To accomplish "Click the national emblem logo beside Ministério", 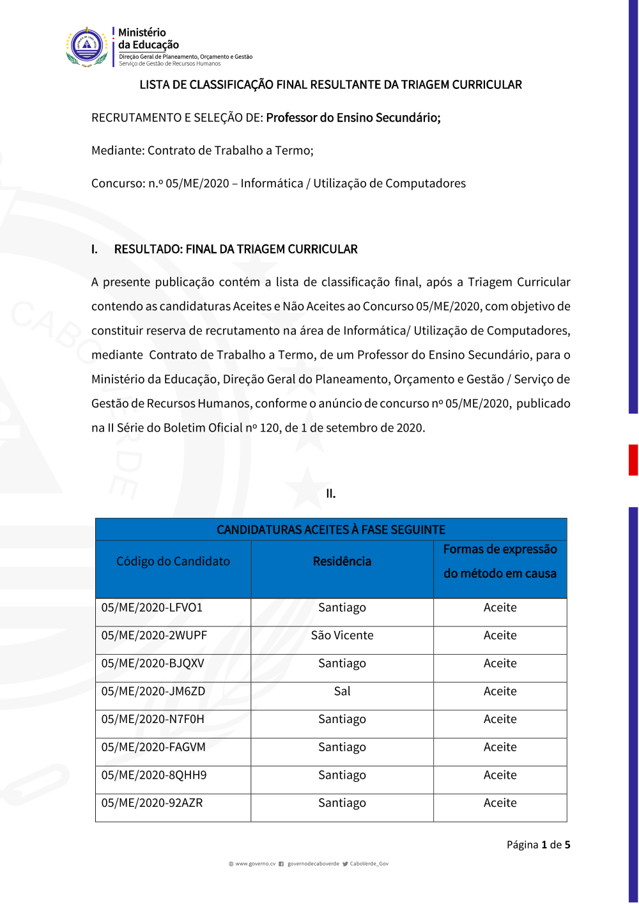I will (87, 47).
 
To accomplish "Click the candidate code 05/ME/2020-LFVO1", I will (152, 608).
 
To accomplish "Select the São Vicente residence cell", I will (342, 635).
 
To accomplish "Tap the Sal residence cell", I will (342, 691).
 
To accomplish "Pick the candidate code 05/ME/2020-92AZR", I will (152, 803).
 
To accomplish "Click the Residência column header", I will (342, 561).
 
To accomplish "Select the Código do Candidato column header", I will (173, 561).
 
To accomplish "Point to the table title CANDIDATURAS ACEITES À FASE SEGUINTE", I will (331, 529).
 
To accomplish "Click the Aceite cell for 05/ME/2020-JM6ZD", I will (500, 691).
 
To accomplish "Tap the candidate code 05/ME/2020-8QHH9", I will (154, 775).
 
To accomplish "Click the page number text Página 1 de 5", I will (538, 845).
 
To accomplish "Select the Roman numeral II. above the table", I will (330, 494).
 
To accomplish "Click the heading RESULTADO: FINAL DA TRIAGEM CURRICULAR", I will (236, 249).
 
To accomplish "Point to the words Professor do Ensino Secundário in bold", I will (353, 118).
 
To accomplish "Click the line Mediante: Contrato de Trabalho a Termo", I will (203, 150).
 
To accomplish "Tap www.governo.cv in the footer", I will (255, 864).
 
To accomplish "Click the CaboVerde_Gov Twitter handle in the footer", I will (369, 864).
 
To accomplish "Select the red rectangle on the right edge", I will (633, 460).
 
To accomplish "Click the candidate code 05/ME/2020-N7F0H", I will (153, 719).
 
